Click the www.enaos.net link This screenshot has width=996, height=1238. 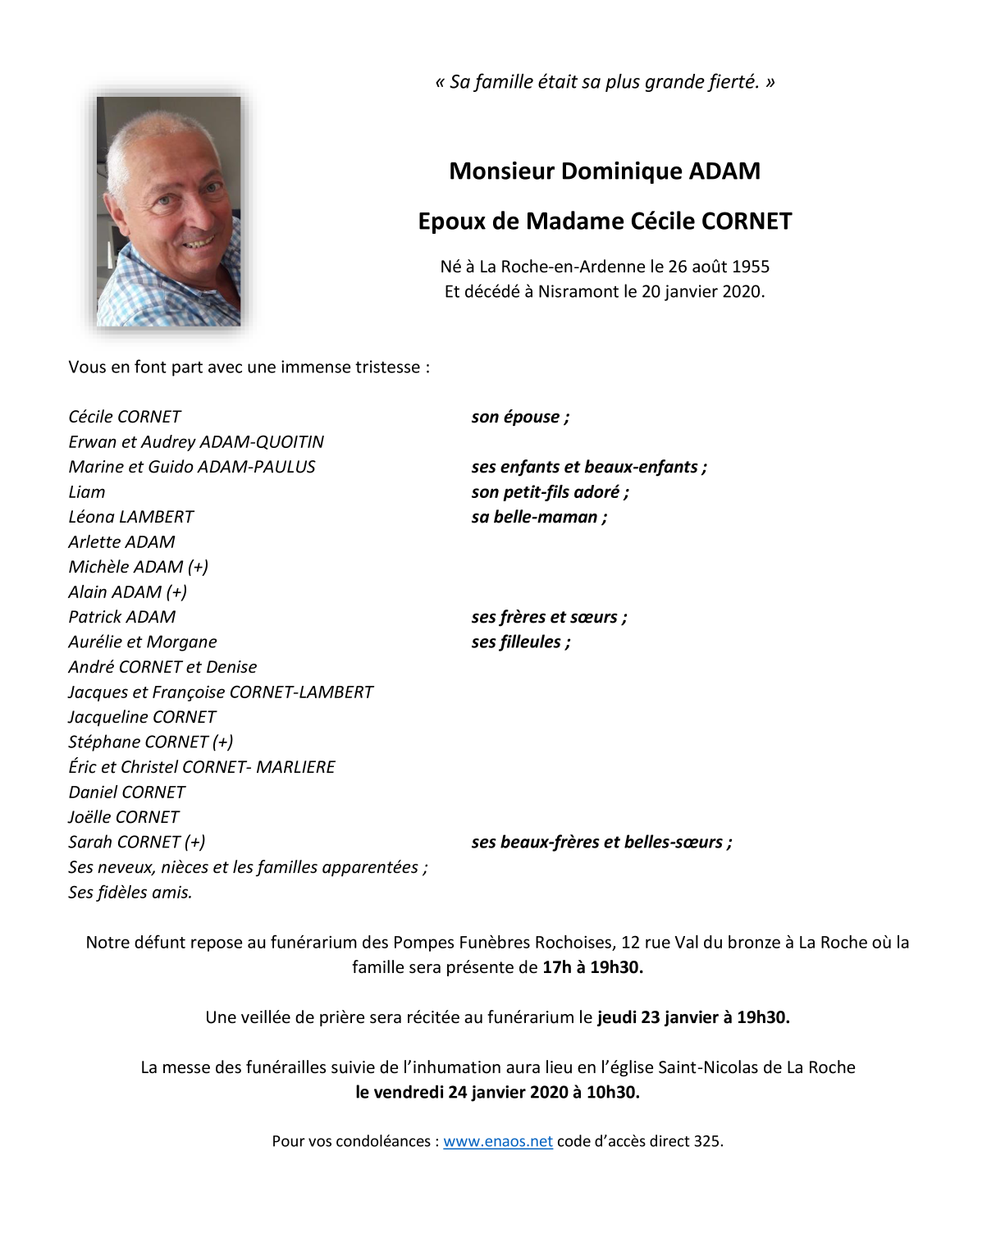pos(497,1141)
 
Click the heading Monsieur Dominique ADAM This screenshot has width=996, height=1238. pos(605,171)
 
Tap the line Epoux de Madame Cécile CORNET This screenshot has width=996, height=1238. pos(605,222)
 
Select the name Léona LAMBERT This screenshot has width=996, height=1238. pos(131,517)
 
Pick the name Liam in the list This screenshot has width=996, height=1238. pos(87,492)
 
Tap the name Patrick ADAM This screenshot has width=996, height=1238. pos(122,617)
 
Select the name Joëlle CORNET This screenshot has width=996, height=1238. pos(124,817)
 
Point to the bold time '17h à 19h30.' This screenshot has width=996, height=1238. pos(592,967)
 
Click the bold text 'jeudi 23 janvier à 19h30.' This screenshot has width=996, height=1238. pos(693,1017)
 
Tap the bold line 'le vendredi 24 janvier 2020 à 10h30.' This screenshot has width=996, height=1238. pos(497,1092)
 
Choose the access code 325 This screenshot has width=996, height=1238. pos(707,1141)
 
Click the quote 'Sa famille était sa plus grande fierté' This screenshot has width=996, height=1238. pos(605,82)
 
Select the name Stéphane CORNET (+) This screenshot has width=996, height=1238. pos(151,742)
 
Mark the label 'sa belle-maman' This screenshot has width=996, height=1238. pos(539,517)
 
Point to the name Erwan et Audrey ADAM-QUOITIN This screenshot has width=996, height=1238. pos(196,442)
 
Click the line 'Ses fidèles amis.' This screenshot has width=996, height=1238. pos(130,893)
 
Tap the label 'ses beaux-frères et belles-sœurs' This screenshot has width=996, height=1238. pos(601,843)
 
